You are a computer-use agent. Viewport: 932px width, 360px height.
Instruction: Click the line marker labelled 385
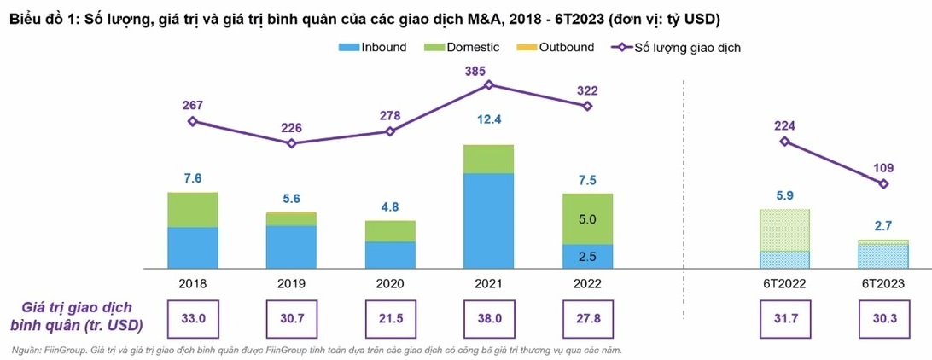[488, 84]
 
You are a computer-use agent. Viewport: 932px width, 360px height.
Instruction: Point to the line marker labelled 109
[883, 183]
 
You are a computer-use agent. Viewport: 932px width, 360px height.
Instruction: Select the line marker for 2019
[291, 143]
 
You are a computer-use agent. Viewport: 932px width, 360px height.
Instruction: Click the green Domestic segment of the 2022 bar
[586, 218]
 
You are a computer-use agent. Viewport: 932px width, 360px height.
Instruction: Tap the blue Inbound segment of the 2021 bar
[488, 221]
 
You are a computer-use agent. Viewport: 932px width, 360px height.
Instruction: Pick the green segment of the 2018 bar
[193, 210]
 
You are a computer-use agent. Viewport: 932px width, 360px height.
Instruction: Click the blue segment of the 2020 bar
[390, 255]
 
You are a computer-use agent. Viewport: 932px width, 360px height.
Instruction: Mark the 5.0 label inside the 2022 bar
[586, 219]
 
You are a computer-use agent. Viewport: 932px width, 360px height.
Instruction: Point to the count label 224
[784, 125]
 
